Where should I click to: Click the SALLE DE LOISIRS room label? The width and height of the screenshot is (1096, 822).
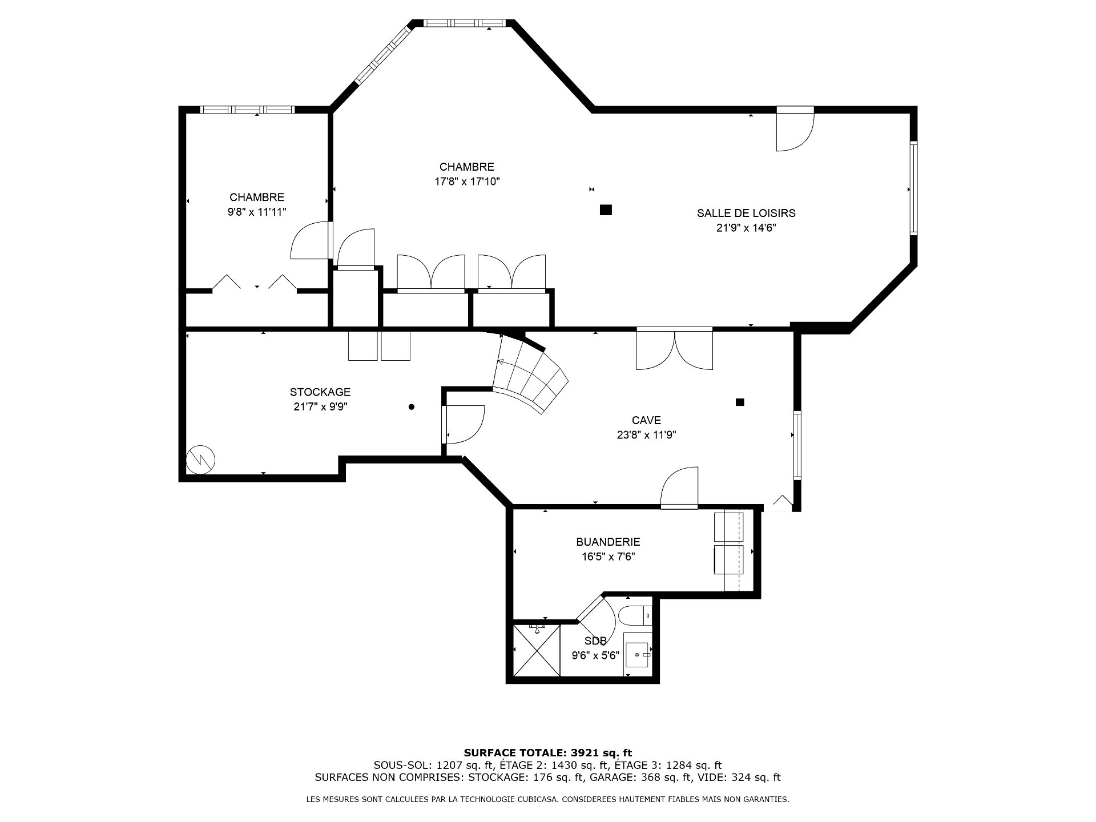click(x=746, y=213)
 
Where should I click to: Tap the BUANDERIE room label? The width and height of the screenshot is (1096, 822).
click(x=608, y=542)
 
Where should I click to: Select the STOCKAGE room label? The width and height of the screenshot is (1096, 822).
click(x=320, y=392)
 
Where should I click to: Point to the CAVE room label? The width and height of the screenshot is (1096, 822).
click(x=647, y=420)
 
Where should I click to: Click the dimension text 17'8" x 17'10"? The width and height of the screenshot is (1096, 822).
click(x=468, y=182)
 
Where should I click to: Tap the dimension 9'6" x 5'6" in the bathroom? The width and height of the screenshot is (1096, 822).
click(x=596, y=656)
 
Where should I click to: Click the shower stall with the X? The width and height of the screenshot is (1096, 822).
click(x=537, y=651)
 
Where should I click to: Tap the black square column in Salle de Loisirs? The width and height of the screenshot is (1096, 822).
click(x=606, y=209)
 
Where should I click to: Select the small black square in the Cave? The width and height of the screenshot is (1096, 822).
click(x=740, y=402)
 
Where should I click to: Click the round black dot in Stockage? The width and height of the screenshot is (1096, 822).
click(x=412, y=407)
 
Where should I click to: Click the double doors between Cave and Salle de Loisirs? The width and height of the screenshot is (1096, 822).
click(x=675, y=348)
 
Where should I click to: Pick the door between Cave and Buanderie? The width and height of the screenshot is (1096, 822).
click(x=679, y=487)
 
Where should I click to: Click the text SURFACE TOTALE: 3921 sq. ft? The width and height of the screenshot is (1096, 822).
click(x=548, y=753)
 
